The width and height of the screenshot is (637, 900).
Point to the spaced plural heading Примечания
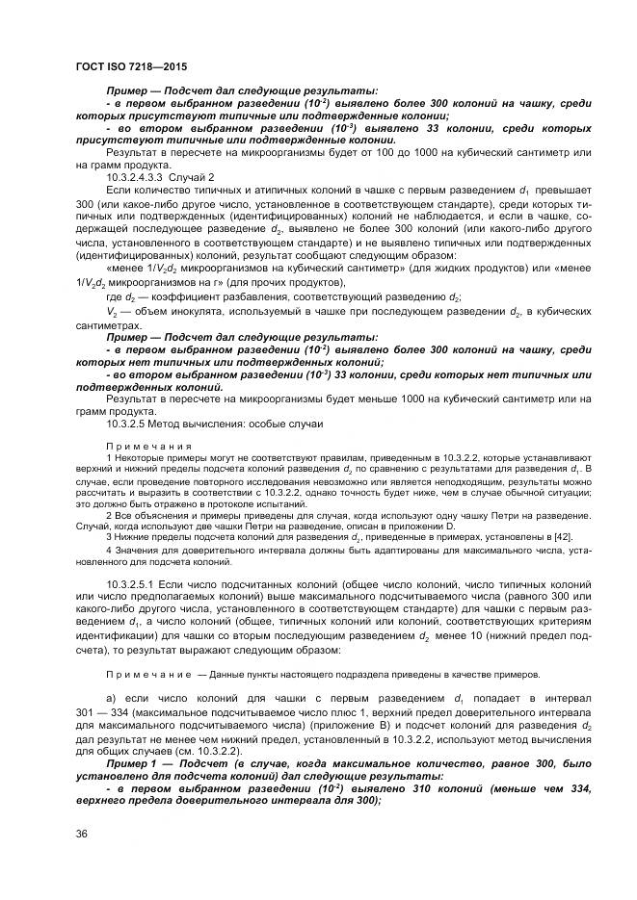[147, 446]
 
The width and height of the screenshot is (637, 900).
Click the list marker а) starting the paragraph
[112, 696]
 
